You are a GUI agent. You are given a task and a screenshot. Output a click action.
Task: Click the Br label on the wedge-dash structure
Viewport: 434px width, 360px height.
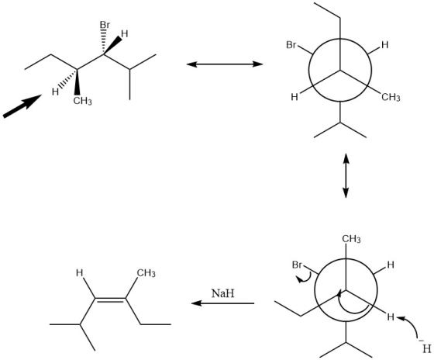pyautogui.click(x=105, y=25)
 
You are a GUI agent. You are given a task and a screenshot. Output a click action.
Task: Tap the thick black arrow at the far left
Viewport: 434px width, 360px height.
pyautogui.click(x=22, y=106)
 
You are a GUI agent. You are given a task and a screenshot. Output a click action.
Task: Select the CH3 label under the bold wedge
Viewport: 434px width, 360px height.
pyautogui.click(x=82, y=101)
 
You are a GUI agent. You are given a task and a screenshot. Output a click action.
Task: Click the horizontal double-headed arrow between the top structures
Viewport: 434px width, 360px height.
pyautogui.click(x=225, y=64)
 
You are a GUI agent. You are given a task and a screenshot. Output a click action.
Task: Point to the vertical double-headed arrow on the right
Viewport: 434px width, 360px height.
pyautogui.click(x=346, y=175)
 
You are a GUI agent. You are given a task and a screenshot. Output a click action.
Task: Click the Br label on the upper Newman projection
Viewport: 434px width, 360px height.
pyautogui.click(x=291, y=44)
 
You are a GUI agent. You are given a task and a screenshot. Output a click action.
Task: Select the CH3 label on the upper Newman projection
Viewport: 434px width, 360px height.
pyautogui.click(x=391, y=97)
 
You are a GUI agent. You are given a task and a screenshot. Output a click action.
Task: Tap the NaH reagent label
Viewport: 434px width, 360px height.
pyautogui.click(x=223, y=293)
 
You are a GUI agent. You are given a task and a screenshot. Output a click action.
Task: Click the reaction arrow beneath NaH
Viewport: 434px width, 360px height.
pyautogui.click(x=223, y=303)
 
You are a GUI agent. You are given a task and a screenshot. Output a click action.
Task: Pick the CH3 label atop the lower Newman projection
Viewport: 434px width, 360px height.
pyautogui.click(x=351, y=239)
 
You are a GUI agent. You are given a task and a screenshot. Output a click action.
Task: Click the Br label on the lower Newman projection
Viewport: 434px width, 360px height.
pyautogui.click(x=298, y=265)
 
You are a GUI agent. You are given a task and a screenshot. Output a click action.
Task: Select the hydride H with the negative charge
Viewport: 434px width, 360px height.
pyautogui.click(x=425, y=348)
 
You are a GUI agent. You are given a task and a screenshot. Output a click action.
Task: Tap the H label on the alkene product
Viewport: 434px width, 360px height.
pyautogui.click(x=79, y=273)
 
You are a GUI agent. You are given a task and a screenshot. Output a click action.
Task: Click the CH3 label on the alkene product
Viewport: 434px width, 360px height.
pyautogui.click(x=146, y=273)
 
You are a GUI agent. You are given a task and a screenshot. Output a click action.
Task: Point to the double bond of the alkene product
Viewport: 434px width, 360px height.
pyautogui.click(x=110, y=299)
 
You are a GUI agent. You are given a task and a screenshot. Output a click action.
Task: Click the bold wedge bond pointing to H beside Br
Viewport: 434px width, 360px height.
pyautogui.click(x=112, y=45)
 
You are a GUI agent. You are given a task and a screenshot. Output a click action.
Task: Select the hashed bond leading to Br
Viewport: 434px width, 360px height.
pyautogui.click(x=104, y=42)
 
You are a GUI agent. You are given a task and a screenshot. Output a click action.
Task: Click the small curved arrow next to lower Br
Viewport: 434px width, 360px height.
pyautogui.click(x=304, y=278)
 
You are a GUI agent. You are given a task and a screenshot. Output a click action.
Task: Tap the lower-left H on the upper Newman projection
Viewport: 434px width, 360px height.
pyautogui.click(x=294, y=97)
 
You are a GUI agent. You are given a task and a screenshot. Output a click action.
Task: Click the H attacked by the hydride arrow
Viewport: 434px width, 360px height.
pyautogui.click(x=391, y=317)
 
